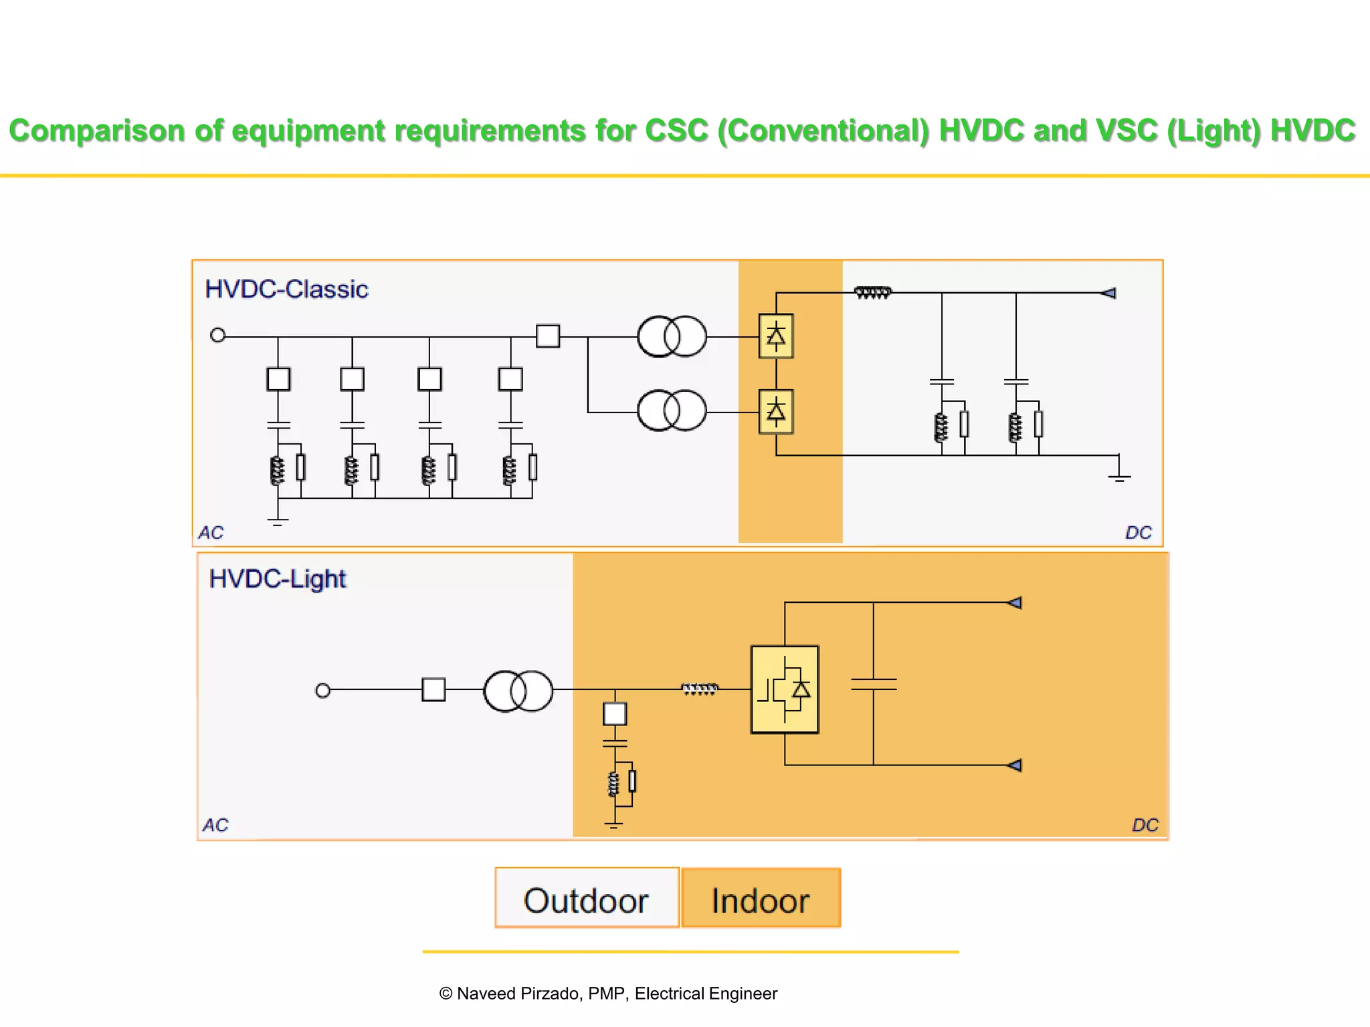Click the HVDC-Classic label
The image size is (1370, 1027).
click(286, 289)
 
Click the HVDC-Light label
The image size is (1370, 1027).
click(277, 578)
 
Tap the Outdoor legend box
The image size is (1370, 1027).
click(587, 899)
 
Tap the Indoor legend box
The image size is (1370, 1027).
click(761, 899)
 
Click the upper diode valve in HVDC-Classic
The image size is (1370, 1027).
click(776, 336)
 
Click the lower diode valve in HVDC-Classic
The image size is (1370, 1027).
click(776, 412)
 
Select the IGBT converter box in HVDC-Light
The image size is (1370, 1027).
click(785, 689)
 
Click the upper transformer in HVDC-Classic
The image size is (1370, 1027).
click(672, 336)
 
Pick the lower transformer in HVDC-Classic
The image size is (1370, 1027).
click(672, 411)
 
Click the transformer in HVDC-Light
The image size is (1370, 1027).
click(518, 691)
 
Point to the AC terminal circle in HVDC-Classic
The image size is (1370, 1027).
click(218, 335)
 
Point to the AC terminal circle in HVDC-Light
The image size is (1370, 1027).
click(322, 690)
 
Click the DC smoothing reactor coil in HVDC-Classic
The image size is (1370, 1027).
click(873, 292)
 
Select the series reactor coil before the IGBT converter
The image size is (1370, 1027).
click(700, 689)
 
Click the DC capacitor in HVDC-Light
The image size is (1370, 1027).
click(874, 684)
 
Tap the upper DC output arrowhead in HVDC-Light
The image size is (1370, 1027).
click(1015, 603)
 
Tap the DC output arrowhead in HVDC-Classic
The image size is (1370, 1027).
click(1108, 293)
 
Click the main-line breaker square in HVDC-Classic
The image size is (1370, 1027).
click(548, 336)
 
